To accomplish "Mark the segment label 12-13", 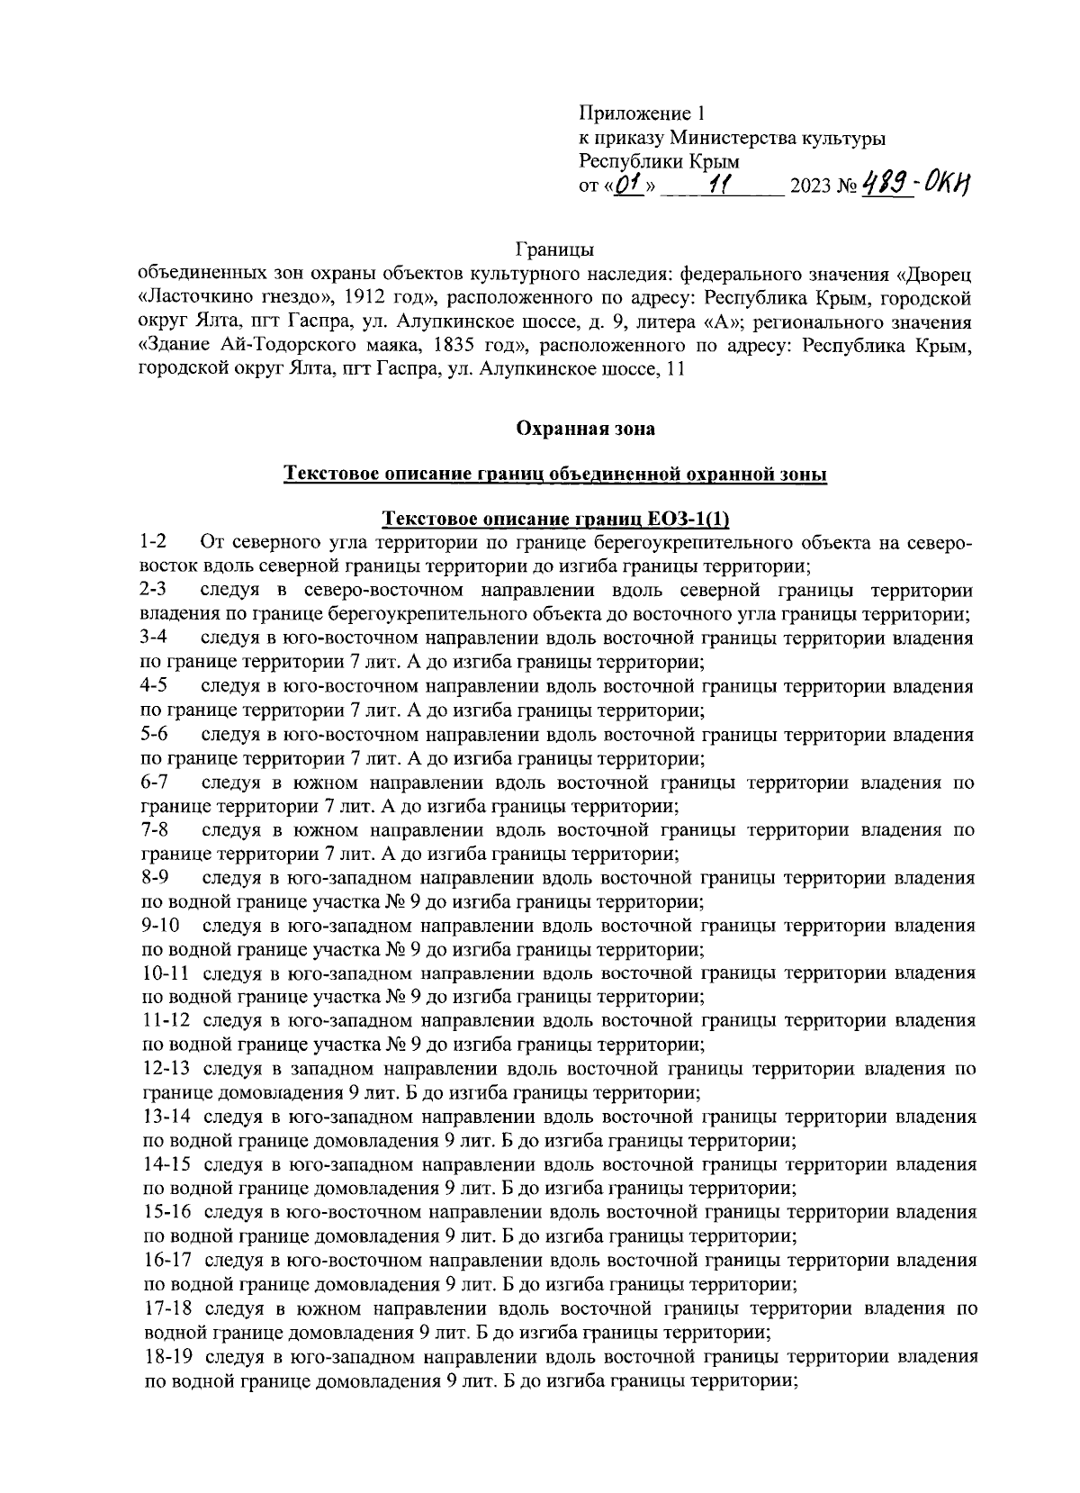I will (x=166, y=1070).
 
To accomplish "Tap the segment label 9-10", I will (x=161, y=926).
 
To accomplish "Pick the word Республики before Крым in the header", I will (x=633, y=162).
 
